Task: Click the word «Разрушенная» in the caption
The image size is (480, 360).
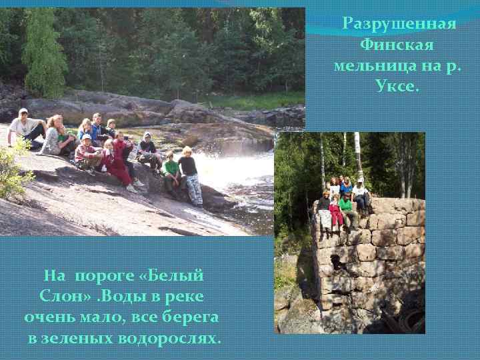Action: coord(399,24)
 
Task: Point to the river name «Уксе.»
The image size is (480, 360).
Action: coord(397,87)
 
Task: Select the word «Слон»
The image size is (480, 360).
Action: coord(62,296)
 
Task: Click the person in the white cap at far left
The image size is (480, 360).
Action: coord(25,127)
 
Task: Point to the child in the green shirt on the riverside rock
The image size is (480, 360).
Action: coord(171,173)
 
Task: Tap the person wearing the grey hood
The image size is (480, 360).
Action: coord(148,150)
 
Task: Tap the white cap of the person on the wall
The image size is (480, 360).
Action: coord(361,181)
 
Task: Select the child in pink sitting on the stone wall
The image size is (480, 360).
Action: coord(335,213)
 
